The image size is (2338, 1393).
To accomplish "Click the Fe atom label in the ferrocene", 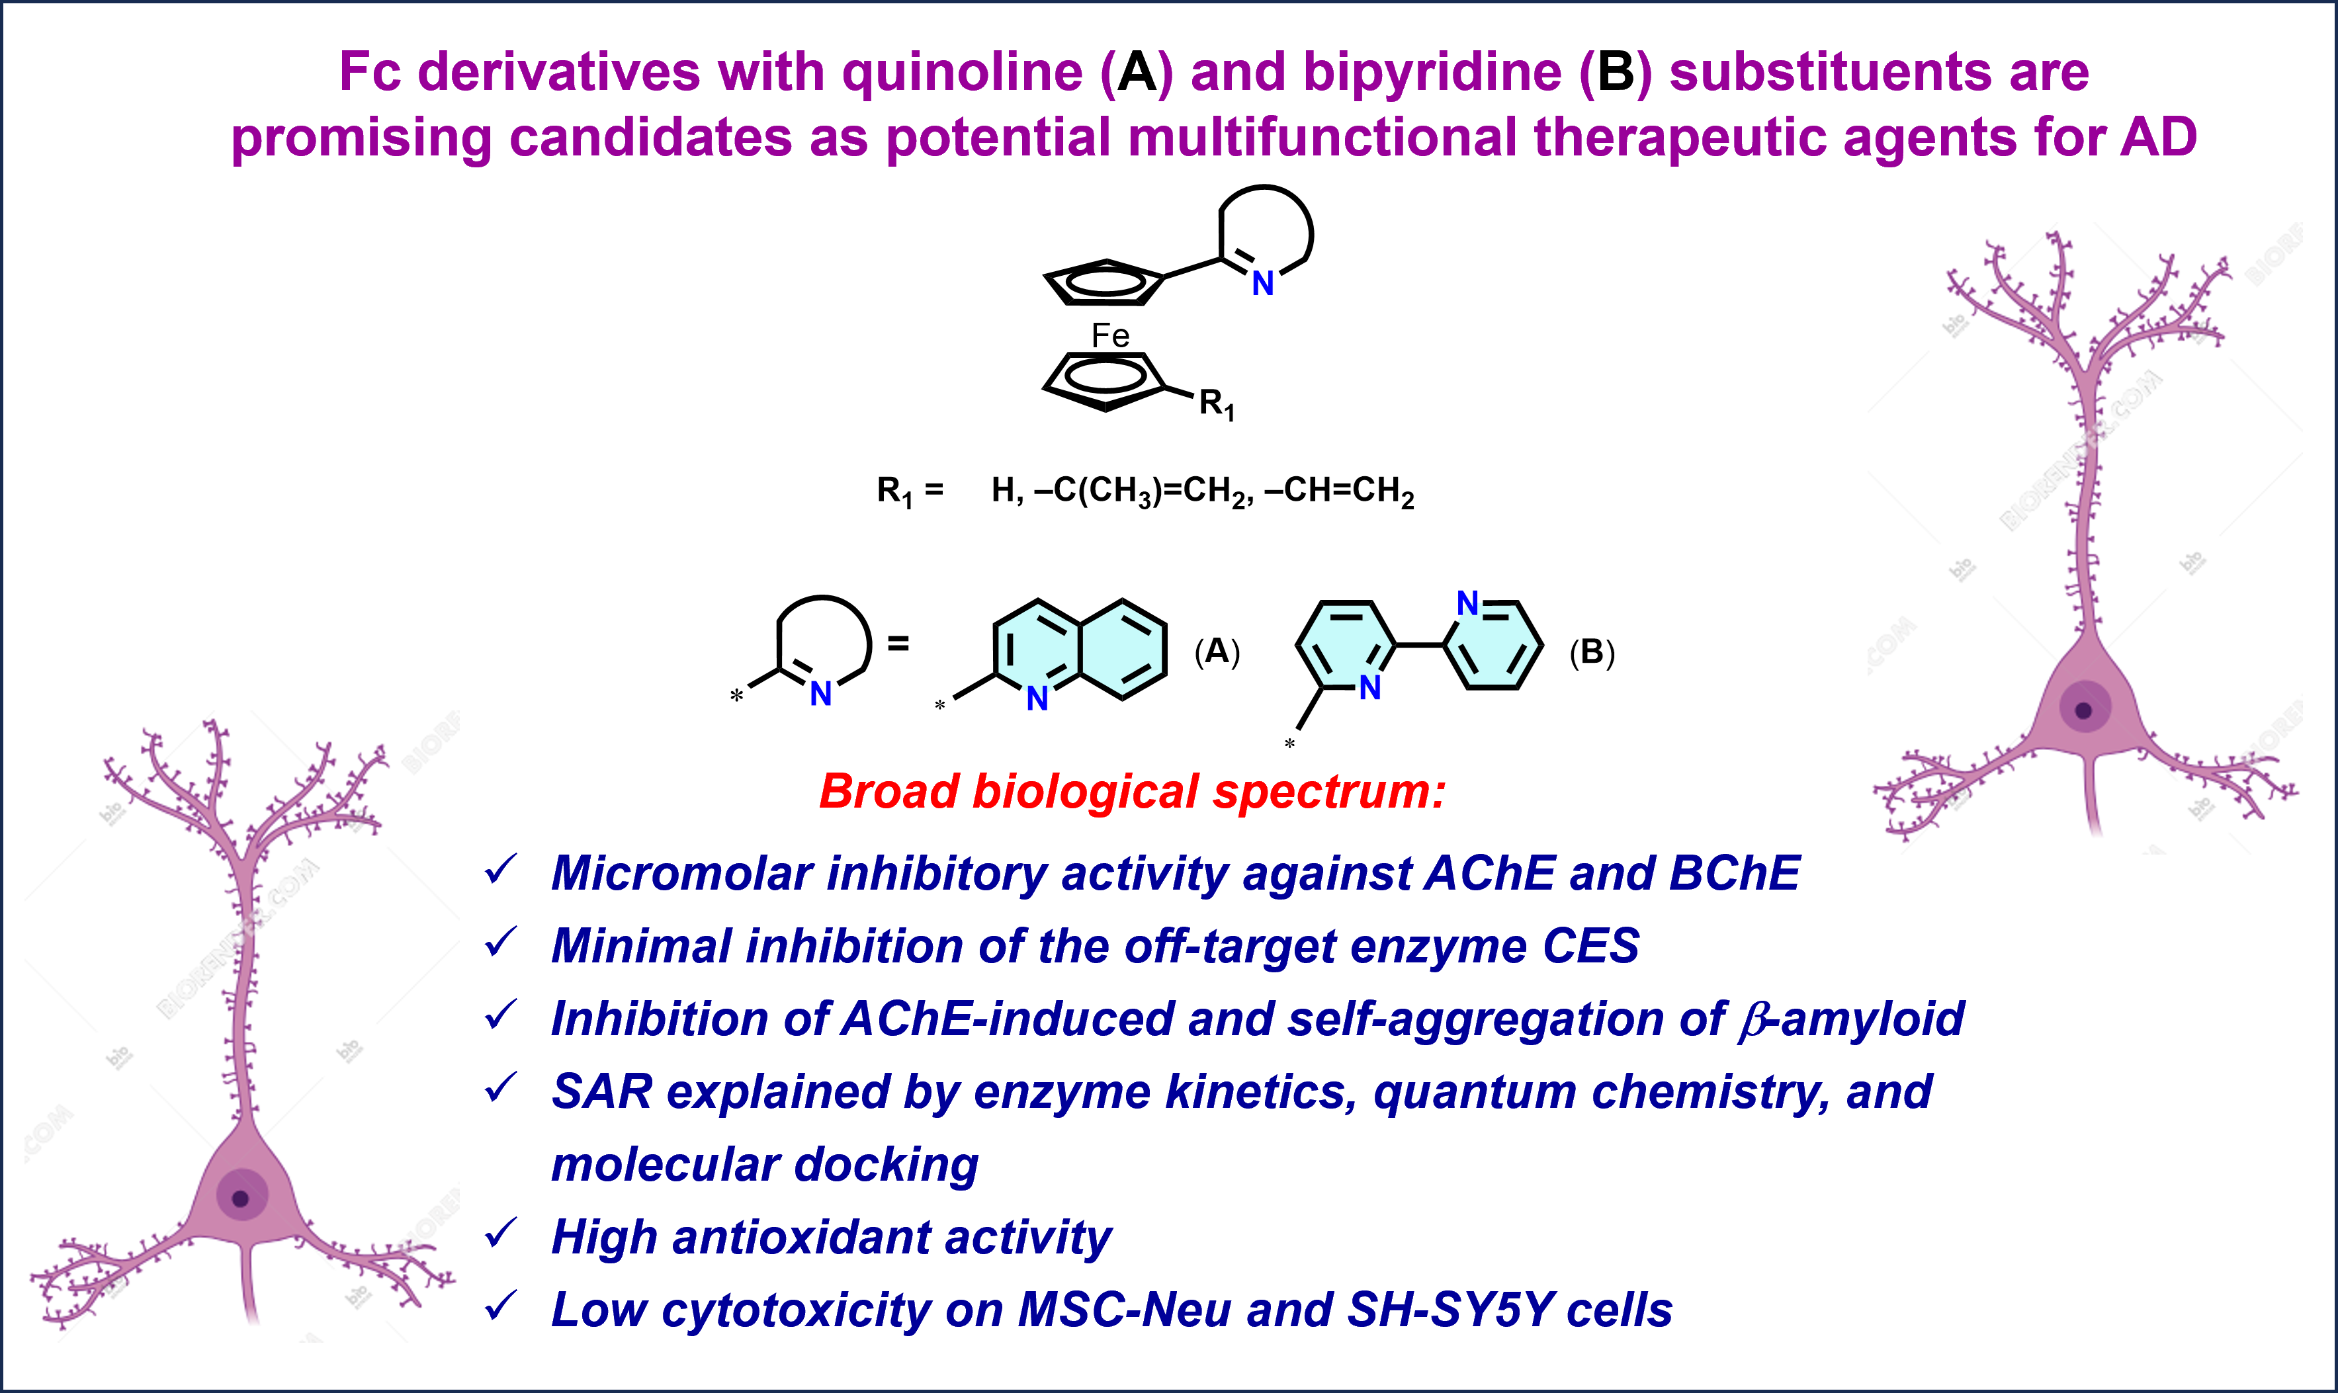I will point(1109,335).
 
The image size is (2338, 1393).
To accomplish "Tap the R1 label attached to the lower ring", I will point(1217,405).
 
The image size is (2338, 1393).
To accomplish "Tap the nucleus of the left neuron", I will point(240,1198).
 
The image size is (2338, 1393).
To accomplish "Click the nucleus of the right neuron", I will point(2084,710).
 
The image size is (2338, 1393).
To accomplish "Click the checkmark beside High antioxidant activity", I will point(501,1232).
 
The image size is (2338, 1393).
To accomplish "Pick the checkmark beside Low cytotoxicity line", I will point(501,1305).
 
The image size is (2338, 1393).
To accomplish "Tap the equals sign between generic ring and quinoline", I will point(898,644).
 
